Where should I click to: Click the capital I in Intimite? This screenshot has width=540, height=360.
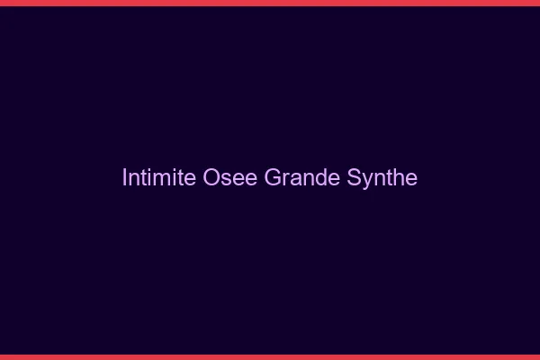coord(124,177)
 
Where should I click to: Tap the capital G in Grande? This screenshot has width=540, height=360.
coord(272,177)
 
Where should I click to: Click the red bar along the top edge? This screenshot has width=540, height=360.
coord(270,3)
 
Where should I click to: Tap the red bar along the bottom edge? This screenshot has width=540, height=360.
coord(270,357)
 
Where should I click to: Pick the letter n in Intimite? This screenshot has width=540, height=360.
coord(134,178)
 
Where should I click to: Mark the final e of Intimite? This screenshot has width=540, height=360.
coord(191,178)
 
